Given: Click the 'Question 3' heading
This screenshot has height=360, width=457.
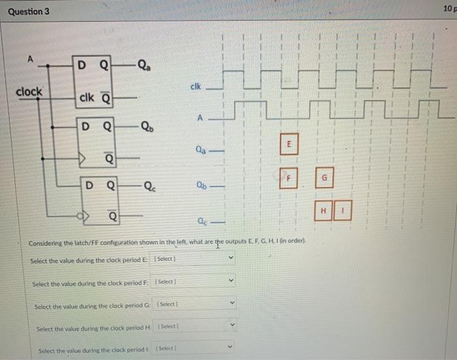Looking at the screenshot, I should tap(28, 12).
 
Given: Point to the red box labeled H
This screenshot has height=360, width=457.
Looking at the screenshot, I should tap(323, 210).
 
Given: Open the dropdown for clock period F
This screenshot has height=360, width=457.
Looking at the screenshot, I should tap(194, 282).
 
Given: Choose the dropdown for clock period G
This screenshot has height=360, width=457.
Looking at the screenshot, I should tap(196, 305).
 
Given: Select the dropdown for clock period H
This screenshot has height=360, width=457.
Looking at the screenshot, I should tap(196, 325).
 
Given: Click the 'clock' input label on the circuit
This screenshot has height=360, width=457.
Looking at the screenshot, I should tap(29, 91).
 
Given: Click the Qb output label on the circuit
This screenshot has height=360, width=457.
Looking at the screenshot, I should tap(148, 127).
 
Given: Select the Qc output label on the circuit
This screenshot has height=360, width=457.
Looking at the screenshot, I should tap(150, 185).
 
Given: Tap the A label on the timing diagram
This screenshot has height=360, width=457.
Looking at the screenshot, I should tap(202, 117).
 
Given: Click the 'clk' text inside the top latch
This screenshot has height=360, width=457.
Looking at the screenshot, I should tap(87, 99).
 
